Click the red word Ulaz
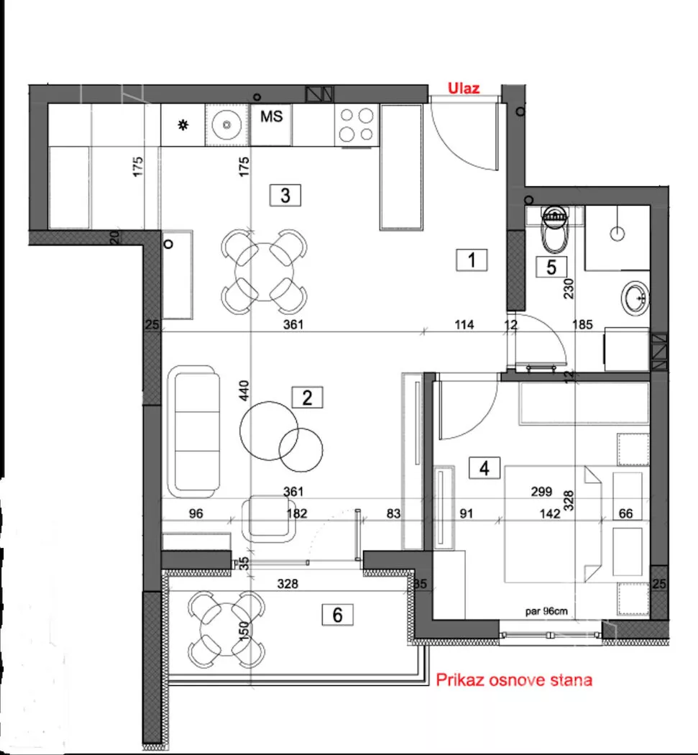(x=464, y=88)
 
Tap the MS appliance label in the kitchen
(x=272, y=116)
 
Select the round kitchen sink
(x=226, y=124)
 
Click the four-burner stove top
(x=357, y=124)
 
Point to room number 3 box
(x=285, y=196)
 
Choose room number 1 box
(x=472, y=260)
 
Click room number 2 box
(x=307, y=398)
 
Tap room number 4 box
(x=485, y=467)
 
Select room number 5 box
(x=551, y=267)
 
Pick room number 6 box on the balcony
(x=337, y=615)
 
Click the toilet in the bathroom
(x=555, y=229)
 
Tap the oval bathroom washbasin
(x=635, y=298)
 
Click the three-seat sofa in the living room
(x=193, y=431)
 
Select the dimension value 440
(x=244, y=390)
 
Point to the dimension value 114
(x=464, y=325)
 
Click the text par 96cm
(x=546, y=611)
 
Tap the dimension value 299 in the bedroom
(x=541, y=492)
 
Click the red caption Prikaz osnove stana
(x=514, y=680)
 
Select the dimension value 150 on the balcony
(x=244, y=631)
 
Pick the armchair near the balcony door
(x=269, y=518)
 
